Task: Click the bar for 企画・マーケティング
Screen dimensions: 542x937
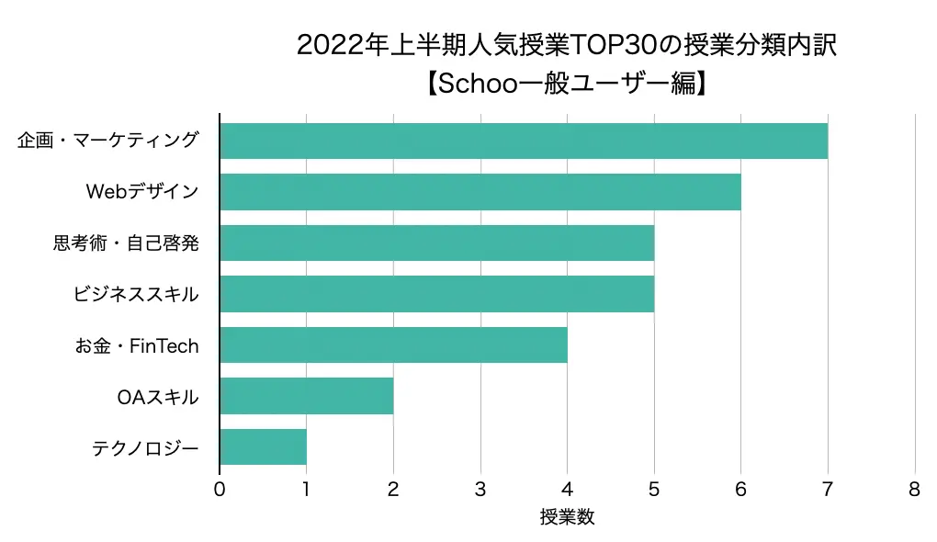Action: [x=524, y=141]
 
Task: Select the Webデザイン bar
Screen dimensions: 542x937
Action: [x=480, y=192]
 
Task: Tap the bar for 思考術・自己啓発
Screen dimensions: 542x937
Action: [x=436, y=243]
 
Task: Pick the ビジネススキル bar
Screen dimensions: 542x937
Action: [x=436, y=294]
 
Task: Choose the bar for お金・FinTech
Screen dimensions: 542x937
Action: [x=393, y=345]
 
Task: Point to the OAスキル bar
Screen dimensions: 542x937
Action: [x=306, y=396]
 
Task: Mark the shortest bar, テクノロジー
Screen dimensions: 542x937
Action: [x=263, y=447]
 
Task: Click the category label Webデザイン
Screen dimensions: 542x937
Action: [x=141, y=192]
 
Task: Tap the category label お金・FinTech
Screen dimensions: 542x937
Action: [x=137, y=346]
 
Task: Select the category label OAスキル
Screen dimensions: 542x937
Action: [x=157, y=398]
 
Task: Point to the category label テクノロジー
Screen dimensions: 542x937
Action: [x=145, y=448]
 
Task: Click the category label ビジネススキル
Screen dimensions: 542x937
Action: [x=136, y=295]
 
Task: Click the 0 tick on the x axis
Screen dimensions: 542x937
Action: [x=220, y=491]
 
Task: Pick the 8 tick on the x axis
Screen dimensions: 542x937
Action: [x=914, y=491]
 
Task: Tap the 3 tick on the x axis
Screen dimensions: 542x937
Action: [x=480, y=491]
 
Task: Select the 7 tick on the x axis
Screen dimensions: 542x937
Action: [x=828, y=491]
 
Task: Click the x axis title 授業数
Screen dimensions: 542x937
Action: [x=567, y=517]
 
